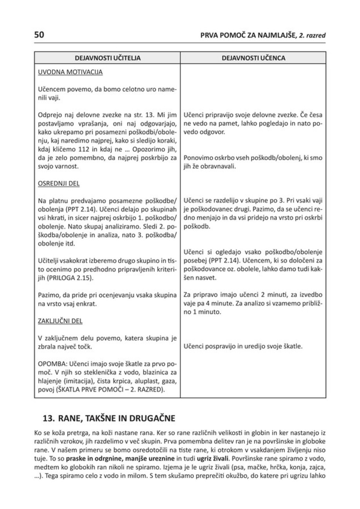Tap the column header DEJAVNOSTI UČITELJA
[107, 58]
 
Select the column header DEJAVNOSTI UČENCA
[253, 58]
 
